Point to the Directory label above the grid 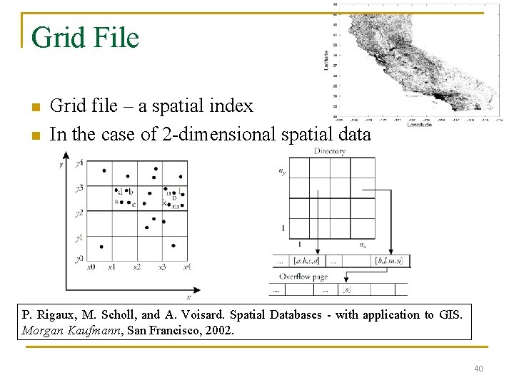point(330,151)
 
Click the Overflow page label point(303,276)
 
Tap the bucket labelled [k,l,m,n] point(388,261)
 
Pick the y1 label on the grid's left point(79,237)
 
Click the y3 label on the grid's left point(79,188)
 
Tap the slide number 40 point(478,368)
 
